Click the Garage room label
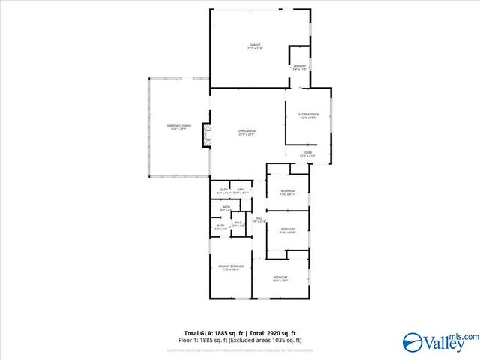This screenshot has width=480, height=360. tap(255, 45)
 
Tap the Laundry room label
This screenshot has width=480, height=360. tap(299, 66)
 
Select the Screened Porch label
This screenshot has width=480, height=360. tap(176, 125)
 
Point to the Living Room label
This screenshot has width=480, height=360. tap(247, 132)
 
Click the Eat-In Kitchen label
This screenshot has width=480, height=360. tap(309, 114)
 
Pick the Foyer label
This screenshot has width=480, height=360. tap(307, 153)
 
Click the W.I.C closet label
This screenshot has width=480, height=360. tap(238, 222)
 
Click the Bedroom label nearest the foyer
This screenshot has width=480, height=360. tap(288, 191)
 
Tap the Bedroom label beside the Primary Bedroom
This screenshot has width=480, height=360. tap(280, 277)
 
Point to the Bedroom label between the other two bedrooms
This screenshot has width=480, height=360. tap(288, 229)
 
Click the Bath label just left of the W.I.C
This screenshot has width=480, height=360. tap(221, 226)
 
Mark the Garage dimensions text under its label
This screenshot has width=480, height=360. tap(255, 49)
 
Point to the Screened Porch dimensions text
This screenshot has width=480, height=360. tap(176, 129)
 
